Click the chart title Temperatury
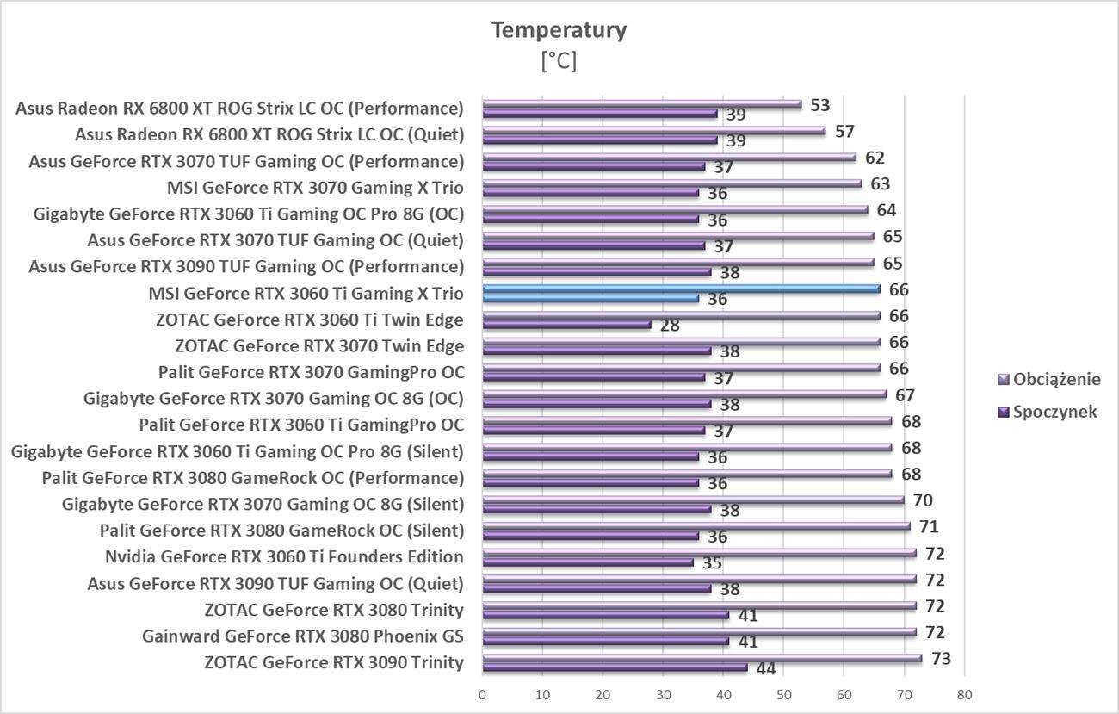coord(559,30)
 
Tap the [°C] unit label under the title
coord(559,61)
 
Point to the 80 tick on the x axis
coord(964,694)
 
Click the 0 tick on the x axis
coord(482,694)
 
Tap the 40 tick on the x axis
coord(723,694)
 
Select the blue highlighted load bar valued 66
coord(680,289)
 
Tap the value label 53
coord(819,105)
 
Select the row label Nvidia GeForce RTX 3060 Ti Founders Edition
coord(284,557)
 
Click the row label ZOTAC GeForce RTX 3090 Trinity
coord(334,662)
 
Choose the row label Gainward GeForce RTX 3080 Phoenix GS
coord(303,636)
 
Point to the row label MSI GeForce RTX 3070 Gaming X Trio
coord(315,188)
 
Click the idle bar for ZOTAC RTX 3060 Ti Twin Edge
coord(566,325)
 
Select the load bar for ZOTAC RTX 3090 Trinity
coord(702,658)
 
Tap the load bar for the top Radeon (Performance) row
coord(641,104)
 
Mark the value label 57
coord(844,132)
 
